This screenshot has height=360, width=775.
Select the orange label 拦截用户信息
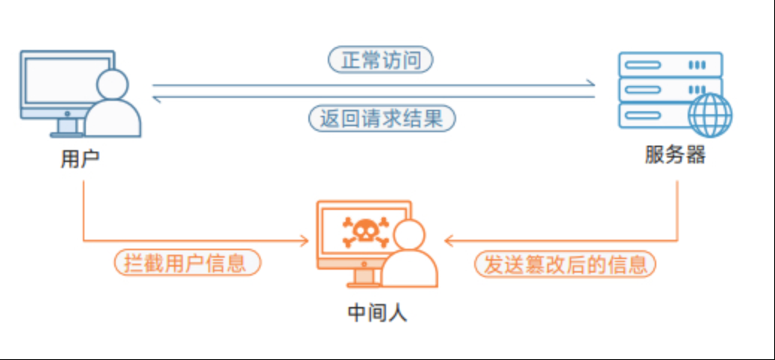187,264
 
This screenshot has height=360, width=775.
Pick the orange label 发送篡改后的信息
565,264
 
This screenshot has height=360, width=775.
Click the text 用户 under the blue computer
80,159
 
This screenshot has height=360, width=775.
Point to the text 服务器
675,155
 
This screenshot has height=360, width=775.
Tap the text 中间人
378,312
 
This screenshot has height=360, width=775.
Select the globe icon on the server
710,115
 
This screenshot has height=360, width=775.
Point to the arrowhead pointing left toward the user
157,97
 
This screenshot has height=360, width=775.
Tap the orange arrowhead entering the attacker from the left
305,240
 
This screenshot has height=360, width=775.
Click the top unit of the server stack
670,64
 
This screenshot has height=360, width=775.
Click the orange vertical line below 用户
84,209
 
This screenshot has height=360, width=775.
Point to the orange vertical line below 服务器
677,209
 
